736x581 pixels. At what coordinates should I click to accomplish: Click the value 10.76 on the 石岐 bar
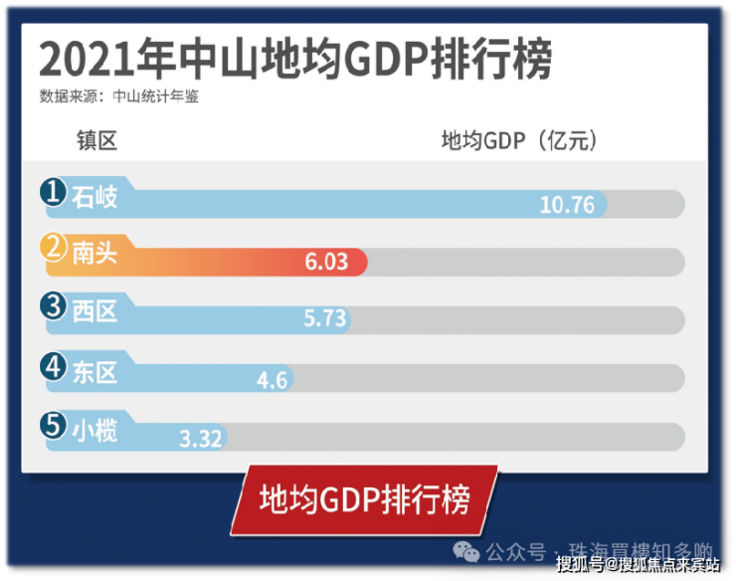[567, 205]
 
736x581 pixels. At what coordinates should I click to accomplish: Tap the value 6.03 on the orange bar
[326, 262]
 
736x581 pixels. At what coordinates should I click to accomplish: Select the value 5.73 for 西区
[324, 318]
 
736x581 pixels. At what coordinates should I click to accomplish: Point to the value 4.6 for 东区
[272, 379]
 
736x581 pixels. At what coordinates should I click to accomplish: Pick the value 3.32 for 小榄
[200, 437]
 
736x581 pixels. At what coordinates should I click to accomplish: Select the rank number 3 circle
[54, 307]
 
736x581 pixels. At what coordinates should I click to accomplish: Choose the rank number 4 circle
[54, 367]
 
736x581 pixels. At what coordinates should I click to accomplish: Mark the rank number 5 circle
[54, 425]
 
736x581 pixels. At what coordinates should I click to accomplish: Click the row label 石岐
[95, 197]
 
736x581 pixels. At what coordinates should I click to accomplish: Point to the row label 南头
[95, 254]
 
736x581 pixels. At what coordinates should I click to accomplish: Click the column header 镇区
[97, 140]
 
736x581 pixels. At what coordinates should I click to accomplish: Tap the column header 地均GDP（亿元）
[519, 140]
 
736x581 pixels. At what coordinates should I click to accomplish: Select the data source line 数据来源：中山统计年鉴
[125, 97]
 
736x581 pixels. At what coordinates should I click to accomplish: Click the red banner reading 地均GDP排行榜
[364, 498]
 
